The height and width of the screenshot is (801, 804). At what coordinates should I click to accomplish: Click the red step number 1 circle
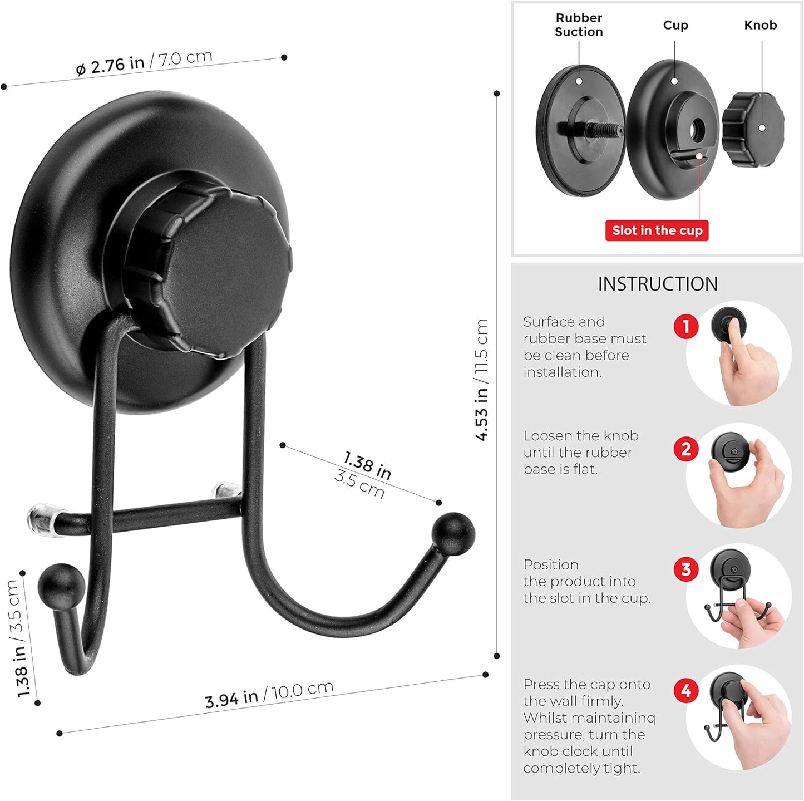point(685,326)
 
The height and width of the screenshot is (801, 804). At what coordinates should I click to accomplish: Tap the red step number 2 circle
point(685,449)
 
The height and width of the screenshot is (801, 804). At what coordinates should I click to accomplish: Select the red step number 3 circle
point(685,569)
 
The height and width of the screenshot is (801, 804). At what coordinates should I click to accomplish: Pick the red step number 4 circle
point(685,691)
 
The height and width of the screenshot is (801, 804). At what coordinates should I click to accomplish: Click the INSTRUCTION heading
point(657,284)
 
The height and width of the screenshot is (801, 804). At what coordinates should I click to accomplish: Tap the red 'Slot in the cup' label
point(657,230)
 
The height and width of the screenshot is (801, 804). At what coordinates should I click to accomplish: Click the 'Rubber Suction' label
point(579,25)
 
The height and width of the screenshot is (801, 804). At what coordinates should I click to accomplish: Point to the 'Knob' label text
point(760,25)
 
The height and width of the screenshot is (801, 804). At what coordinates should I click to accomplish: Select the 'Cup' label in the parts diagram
point(675,25)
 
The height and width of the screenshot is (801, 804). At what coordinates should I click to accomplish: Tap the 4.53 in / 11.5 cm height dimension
point(481,380)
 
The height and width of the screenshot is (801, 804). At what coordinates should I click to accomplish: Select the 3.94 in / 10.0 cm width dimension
point(269,694)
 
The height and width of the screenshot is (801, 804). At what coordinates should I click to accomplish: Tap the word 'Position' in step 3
point(551,564)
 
